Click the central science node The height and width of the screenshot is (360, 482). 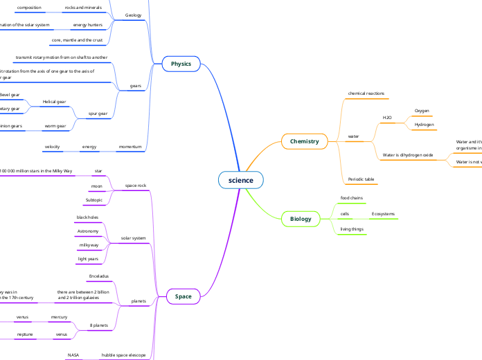(x=241, y=180)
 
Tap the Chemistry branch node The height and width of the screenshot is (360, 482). (x=304, y=141)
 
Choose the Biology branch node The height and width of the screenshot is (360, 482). (x=301, y=219)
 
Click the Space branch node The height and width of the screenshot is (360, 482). (x=184, y=296)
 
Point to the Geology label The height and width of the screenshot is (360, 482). (x=133, y=15)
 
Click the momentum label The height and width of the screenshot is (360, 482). (x=130, y=147)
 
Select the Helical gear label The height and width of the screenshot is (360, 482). (x=54, y=102)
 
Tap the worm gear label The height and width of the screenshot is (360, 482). (x=55, y=126)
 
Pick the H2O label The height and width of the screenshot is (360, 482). (x=387, y=118)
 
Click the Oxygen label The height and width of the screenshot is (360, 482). (x=422, y=111)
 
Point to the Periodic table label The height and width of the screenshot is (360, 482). (x=361, y=179)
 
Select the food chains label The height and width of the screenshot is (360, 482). (x=352, y=198)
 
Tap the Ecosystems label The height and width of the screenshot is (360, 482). (x=383, y=214)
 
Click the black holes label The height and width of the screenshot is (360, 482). (x=87, y=217)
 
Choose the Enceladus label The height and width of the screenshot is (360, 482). (x=98, y=276)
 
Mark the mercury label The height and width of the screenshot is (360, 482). (x=59, y=317)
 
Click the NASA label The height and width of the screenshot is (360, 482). (x=73, y=355)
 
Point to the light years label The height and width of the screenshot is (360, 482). (x=88, y=258)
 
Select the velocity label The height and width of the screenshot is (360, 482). (x=53, y=147)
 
